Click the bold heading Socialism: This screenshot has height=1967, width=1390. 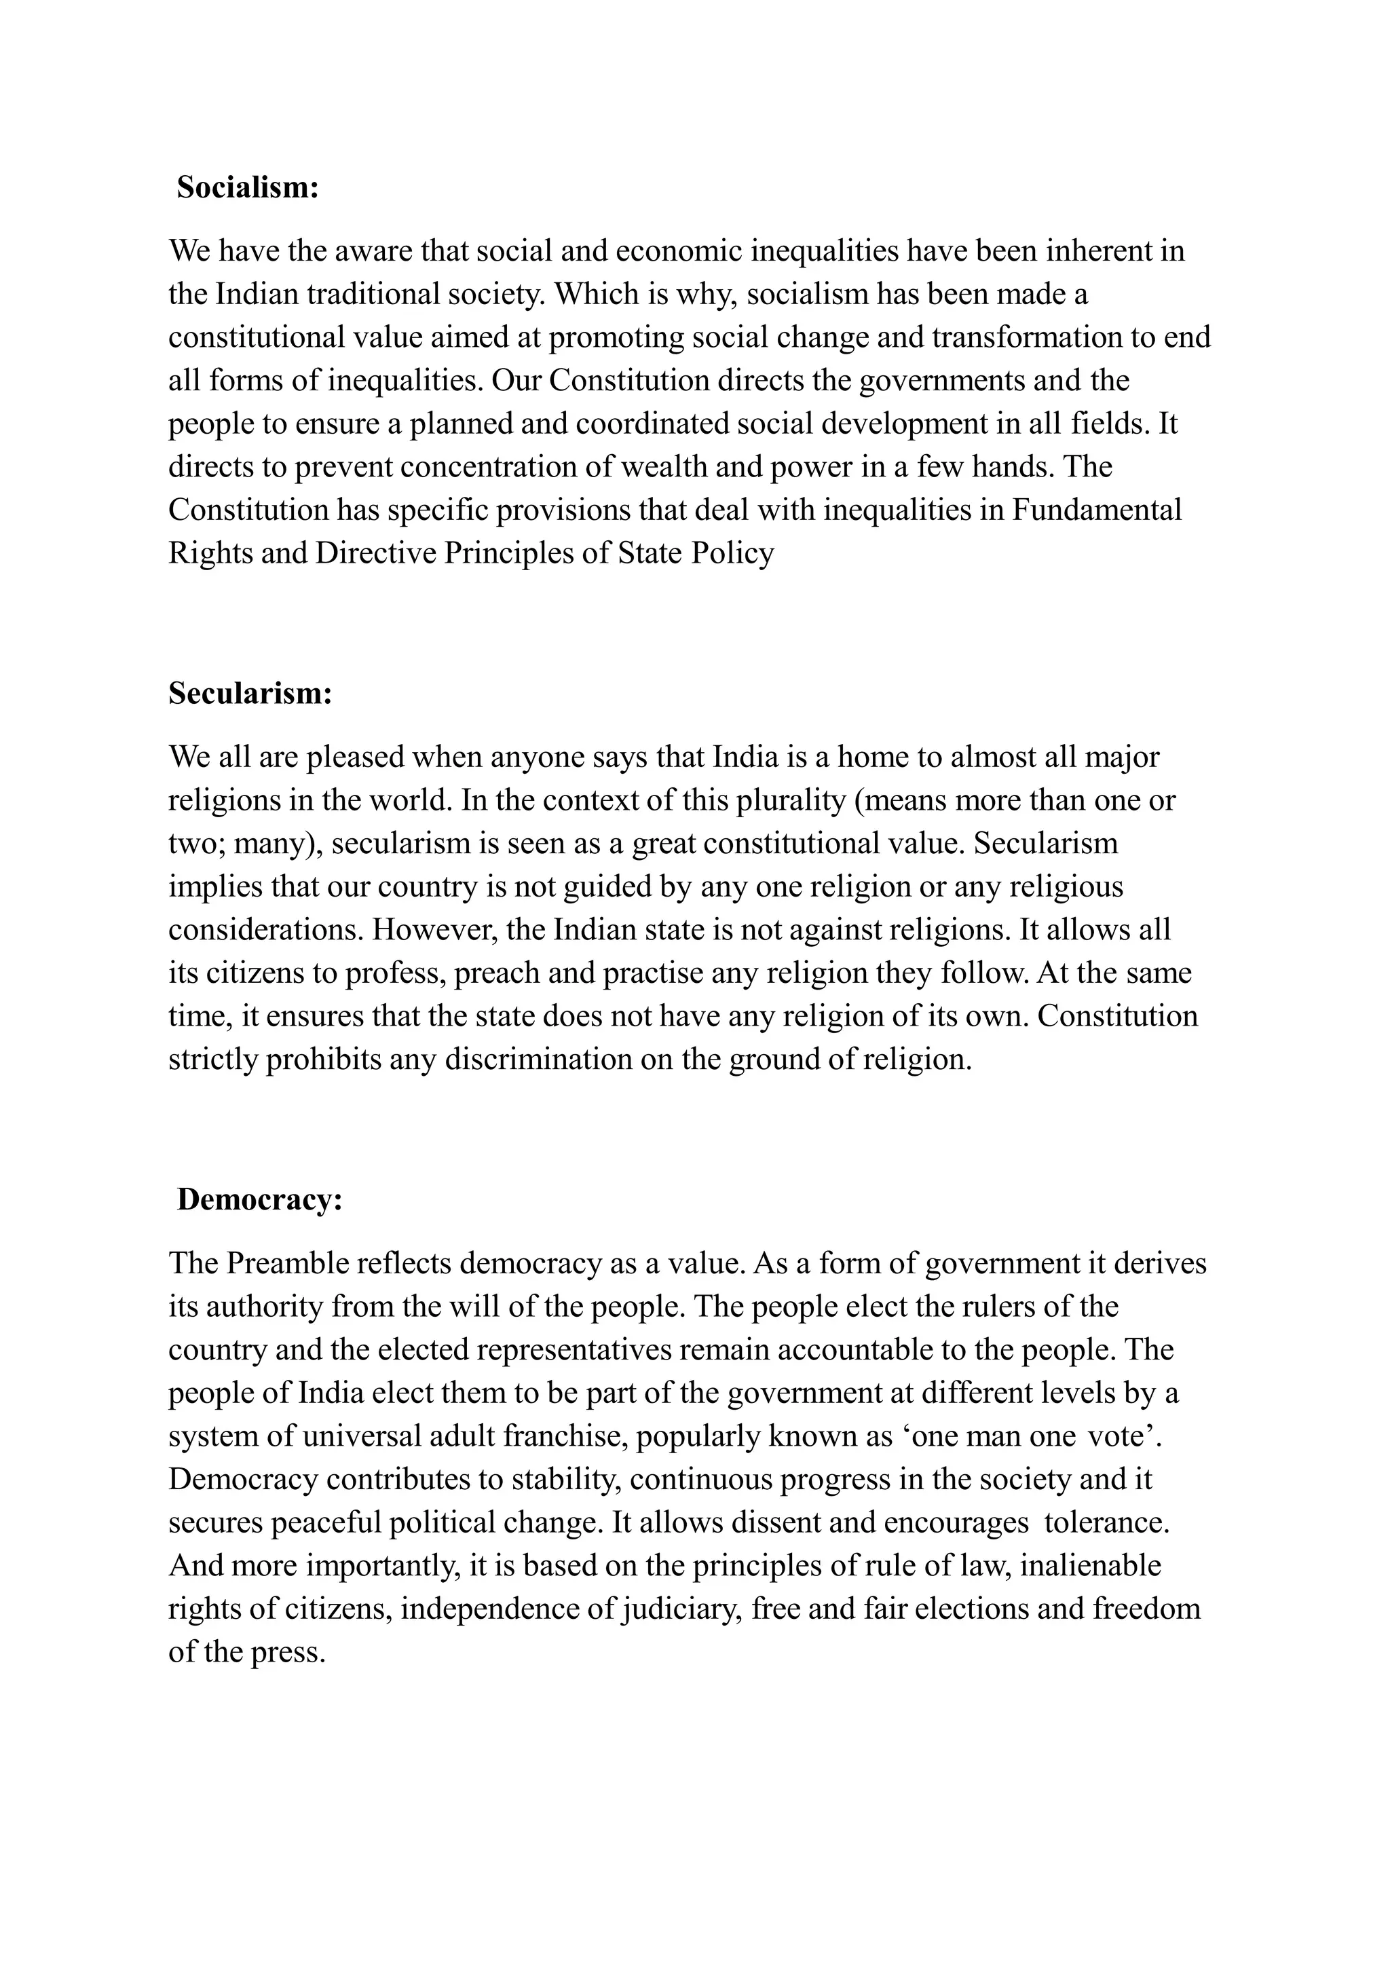248,187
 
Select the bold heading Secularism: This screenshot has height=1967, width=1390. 250,693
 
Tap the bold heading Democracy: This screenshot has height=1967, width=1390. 259,1200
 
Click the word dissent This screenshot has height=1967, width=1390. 749,1524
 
